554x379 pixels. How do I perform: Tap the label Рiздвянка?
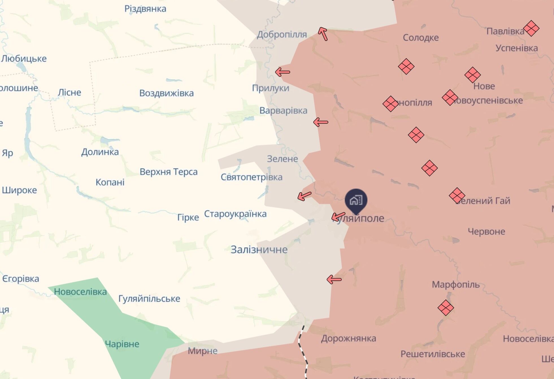click(145, 9)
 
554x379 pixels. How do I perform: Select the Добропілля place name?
click(282, 34)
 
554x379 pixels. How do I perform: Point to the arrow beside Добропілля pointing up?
click(323, 34)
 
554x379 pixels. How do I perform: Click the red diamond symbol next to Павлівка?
click(531, 29)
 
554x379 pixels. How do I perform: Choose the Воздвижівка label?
click(166, 93)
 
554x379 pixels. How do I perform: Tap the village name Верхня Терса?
click(168, 172)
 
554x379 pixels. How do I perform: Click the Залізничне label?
click(259, 249)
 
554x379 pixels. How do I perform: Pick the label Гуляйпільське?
click(149, 299)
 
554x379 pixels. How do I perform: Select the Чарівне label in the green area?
click(122, 344)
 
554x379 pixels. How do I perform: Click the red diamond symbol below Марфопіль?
click(446, 308)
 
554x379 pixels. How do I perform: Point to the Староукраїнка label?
click(235, 214)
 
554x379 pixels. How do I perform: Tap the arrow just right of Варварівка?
click(321, 122)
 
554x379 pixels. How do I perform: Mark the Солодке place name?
click(421, 38)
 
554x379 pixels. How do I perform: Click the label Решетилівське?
click(433, 354)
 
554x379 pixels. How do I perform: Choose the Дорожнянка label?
click(348, 338)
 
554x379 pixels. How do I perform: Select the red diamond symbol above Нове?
click(472, 75)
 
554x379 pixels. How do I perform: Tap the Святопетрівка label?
click(251, 177)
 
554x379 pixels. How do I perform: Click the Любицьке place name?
click(24, 59)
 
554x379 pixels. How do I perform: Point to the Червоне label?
click(486, 231)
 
